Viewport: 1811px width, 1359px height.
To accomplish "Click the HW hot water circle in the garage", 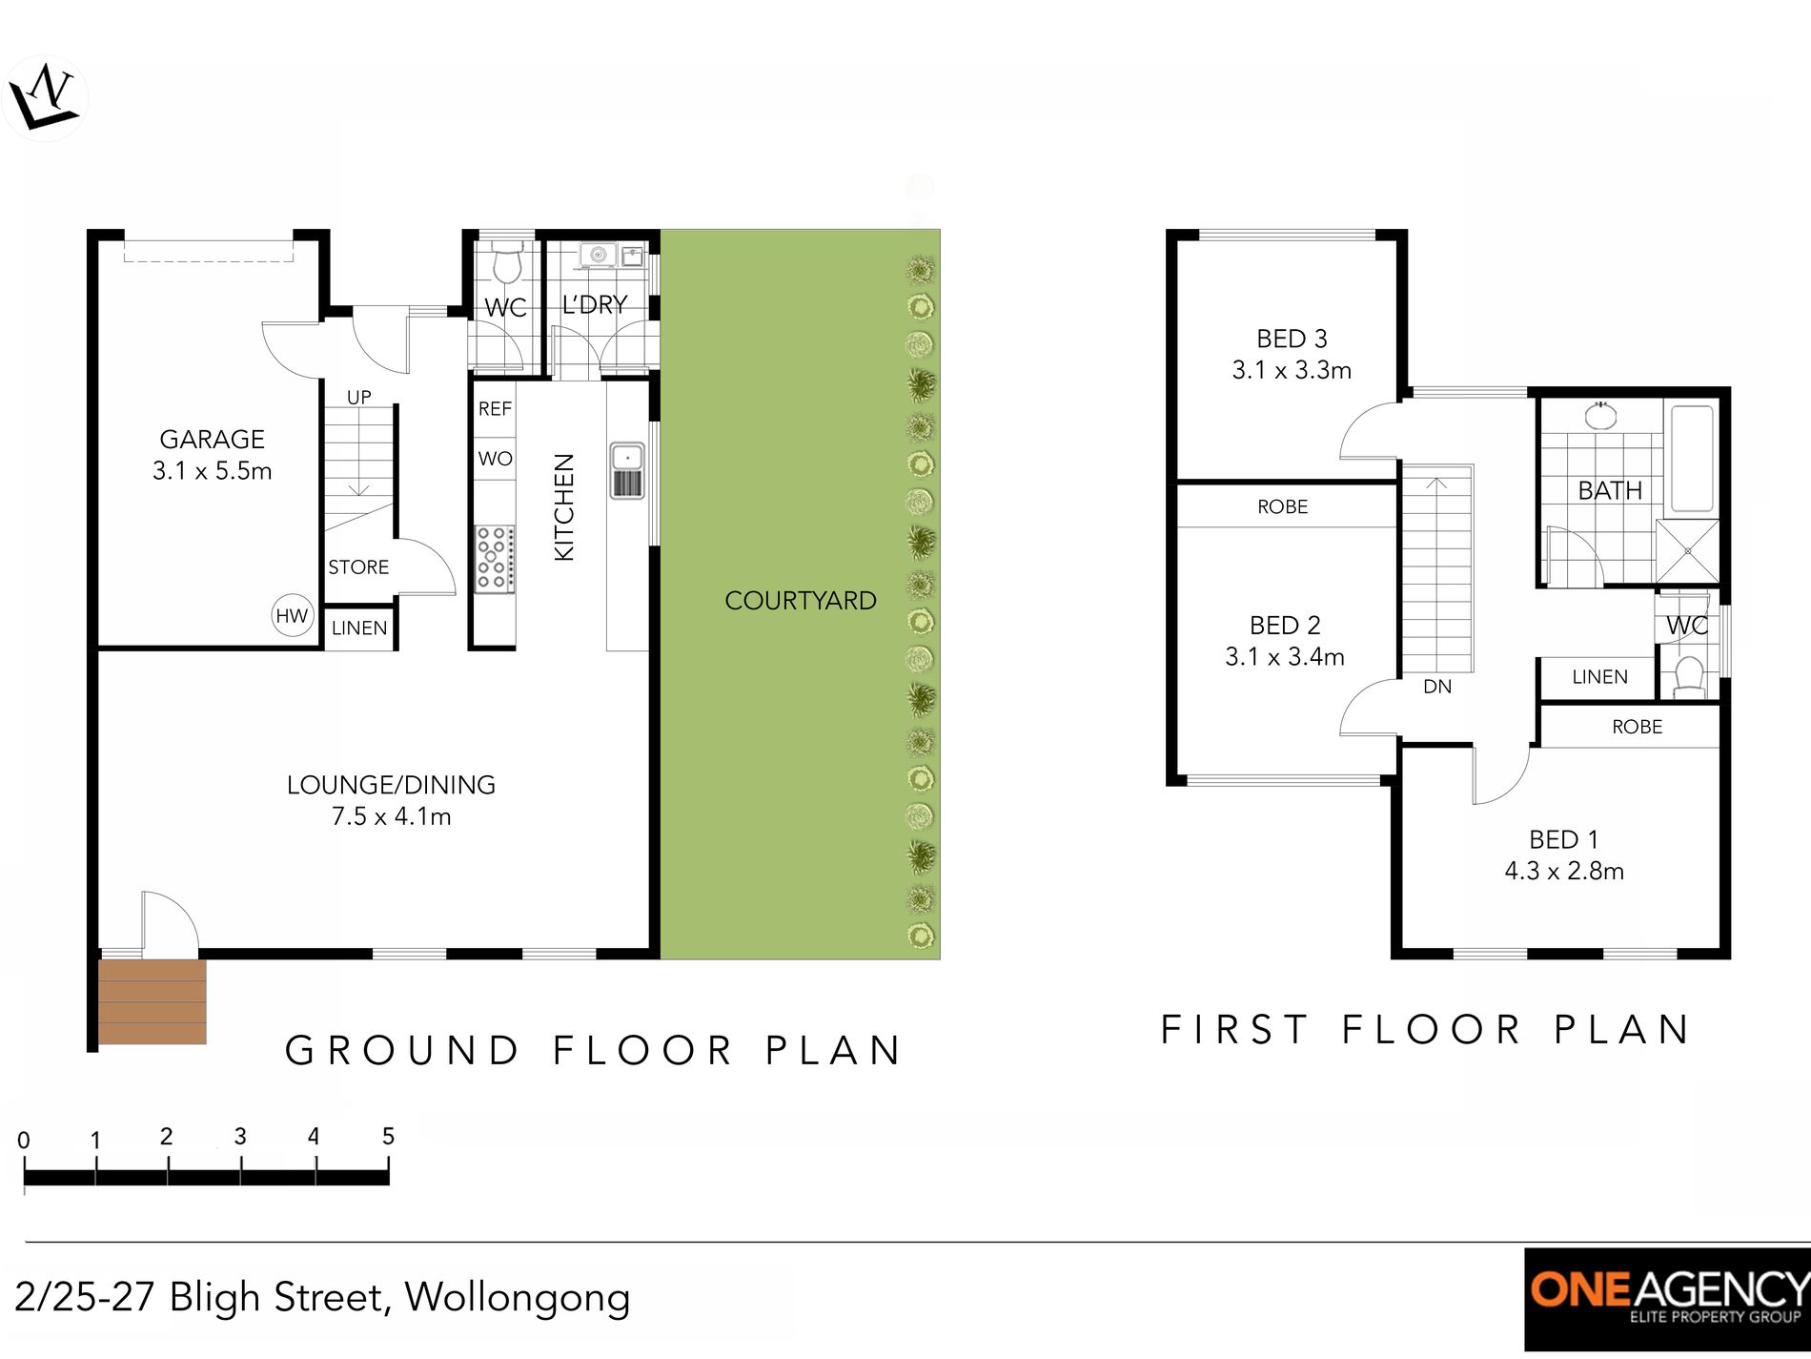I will (x=292, y=615).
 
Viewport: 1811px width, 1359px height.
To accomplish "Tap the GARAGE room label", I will (x=212, y=440).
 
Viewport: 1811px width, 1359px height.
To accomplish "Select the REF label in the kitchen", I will (x=495, y=409).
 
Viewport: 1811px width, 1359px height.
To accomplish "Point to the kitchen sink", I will (x=627, y=470).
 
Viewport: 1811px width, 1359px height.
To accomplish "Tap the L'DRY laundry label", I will (x=595, y=305).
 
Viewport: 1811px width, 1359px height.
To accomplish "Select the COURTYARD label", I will (x=800, y=601).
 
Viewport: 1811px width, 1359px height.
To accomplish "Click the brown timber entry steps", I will (x=153, y=1001).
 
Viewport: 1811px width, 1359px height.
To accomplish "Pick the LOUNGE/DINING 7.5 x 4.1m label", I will (x=391, y=800).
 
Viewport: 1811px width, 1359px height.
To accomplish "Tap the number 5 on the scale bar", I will (x=388, y=1136).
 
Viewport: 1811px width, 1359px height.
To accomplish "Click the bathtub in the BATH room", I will (x=1692, y=461).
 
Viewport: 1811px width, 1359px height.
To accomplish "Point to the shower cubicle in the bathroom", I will (x=1687, y=551).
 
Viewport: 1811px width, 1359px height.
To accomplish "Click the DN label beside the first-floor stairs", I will (x=1436, y=687).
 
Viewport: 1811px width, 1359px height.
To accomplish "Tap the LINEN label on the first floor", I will (x=1599, y=677).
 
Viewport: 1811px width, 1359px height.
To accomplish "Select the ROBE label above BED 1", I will (x=1637, y=727).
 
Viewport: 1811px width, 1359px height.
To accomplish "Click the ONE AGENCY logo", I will (x=1667, y=1298).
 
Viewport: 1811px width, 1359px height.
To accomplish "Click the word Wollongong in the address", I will (x=518, y=1298).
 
